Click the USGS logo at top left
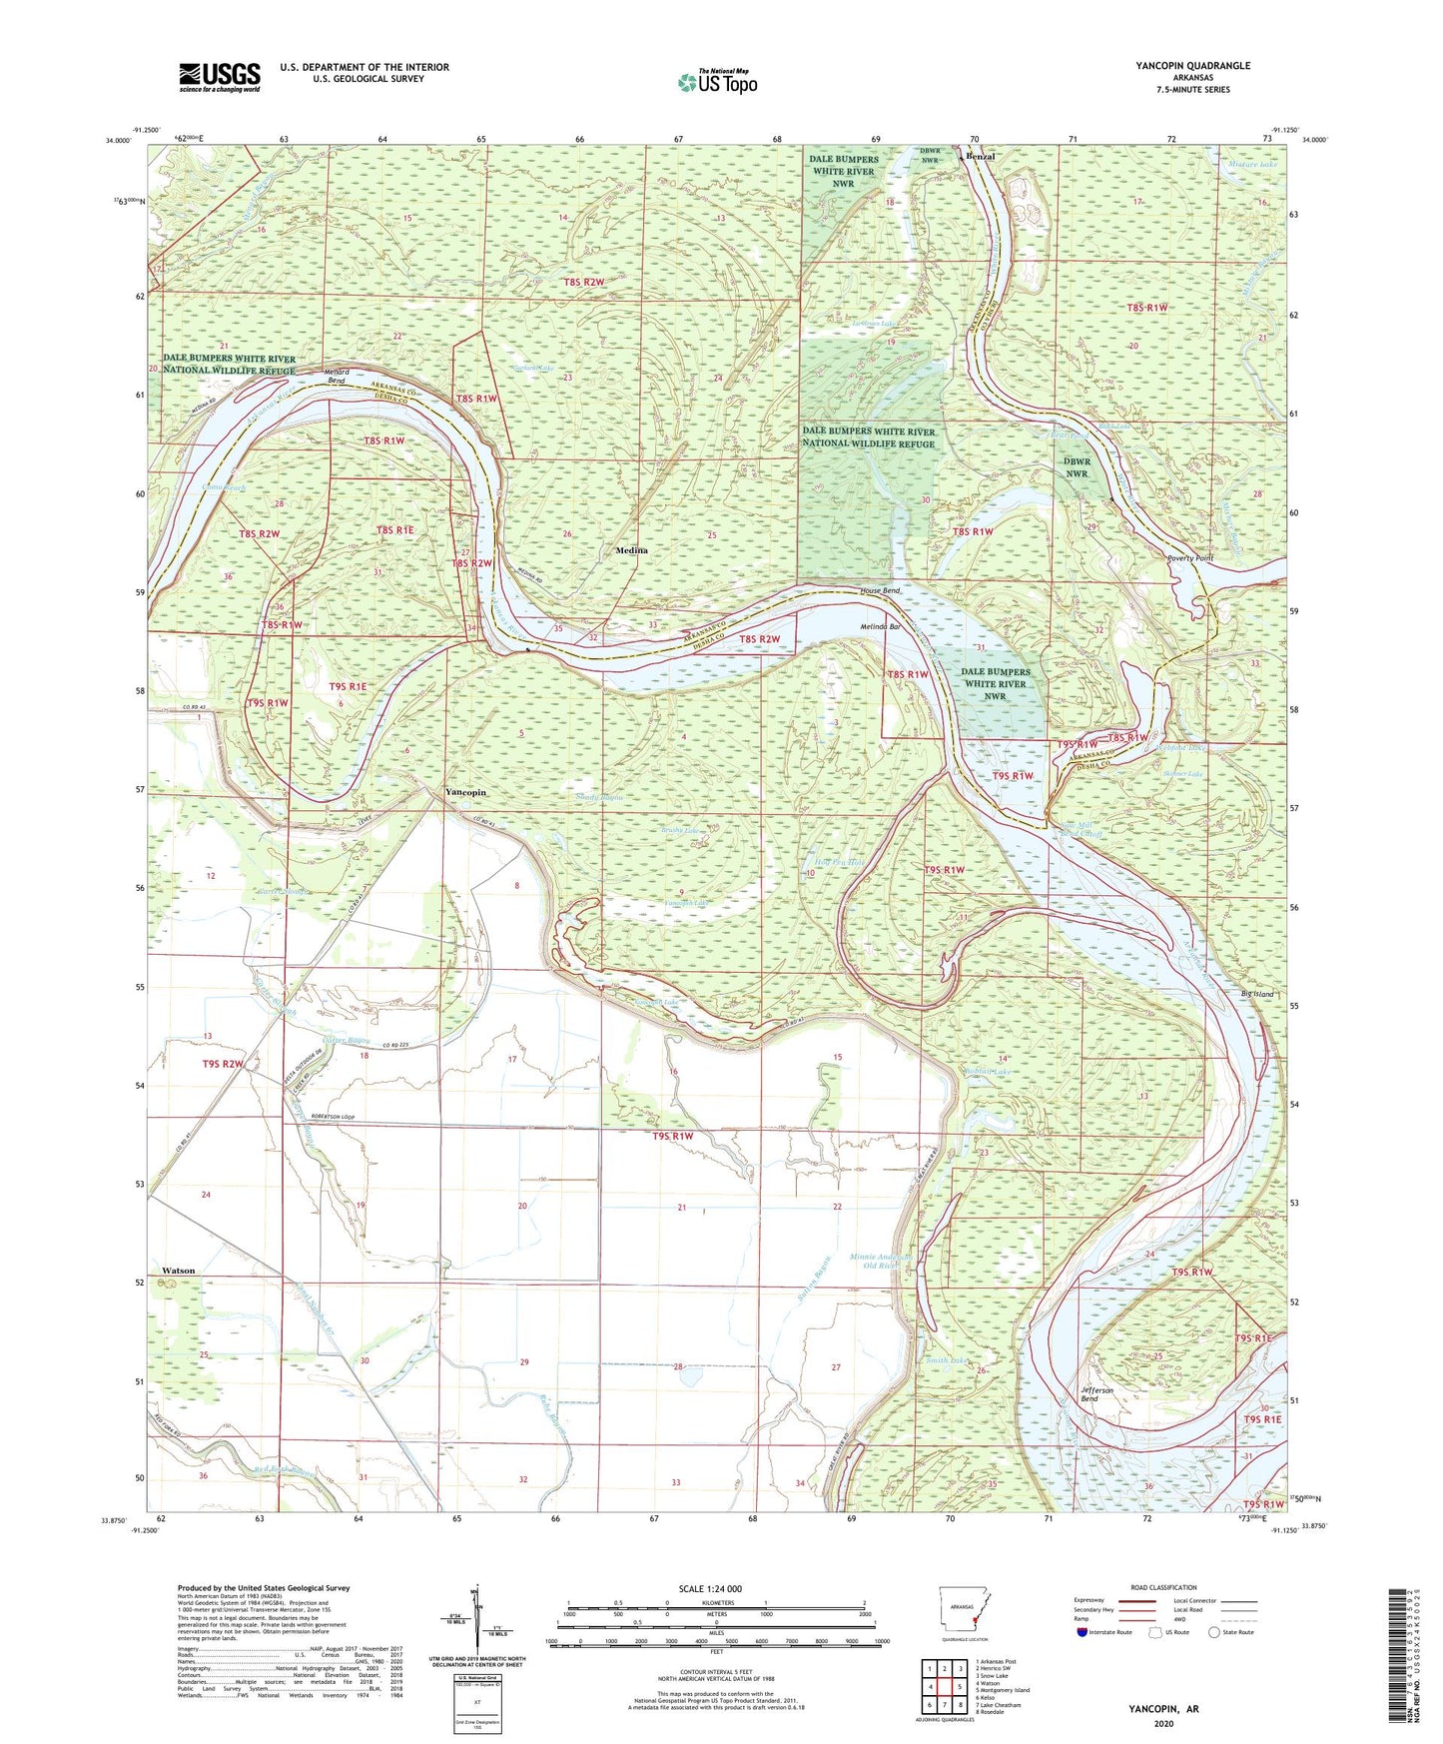click(219, 77)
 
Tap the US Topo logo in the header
click(716, 82)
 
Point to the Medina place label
click(631, 550)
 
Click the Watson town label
click(179, 1271)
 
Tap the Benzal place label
click(980, 158)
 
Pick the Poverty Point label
click(1190, 558)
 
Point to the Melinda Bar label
click(881, 627)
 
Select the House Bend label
click(881, 591)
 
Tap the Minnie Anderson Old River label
click(880, 1261)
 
